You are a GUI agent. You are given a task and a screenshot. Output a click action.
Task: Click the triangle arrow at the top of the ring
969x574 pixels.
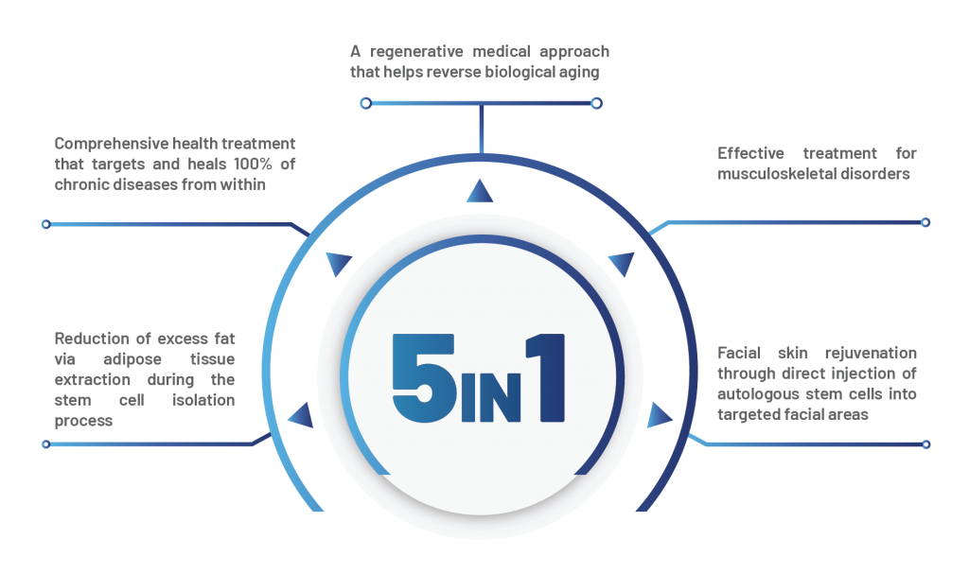tap(480, 191)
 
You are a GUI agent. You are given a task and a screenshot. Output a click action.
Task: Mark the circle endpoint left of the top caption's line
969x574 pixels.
tap(366, 103)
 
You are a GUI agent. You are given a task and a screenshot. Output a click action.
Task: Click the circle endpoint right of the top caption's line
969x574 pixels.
tap(596, 103)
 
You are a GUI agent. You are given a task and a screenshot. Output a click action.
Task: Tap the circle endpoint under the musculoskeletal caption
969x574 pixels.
tap(925, 223)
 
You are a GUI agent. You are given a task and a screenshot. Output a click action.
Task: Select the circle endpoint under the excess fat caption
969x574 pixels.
tap(45, 444)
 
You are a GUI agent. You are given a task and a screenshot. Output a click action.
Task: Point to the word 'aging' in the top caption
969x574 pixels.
tap(577, 72)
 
